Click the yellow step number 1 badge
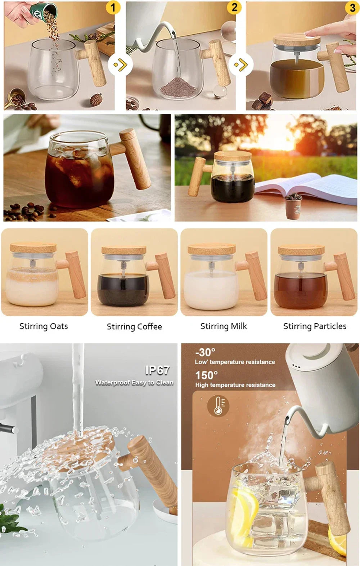click(113, 7)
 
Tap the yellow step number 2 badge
click(234, 7)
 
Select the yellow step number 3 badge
click(352, 8)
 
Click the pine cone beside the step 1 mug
click(96, 99)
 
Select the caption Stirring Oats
click(44, 326)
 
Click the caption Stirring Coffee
click(134, 326)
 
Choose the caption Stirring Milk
click(224, 326)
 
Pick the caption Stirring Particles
click(315, 326)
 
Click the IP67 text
click(157, 370)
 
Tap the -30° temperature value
click(205, 352)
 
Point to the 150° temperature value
click(207, 375)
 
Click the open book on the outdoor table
click(306, 188)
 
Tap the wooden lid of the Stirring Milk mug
click(212, 249)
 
